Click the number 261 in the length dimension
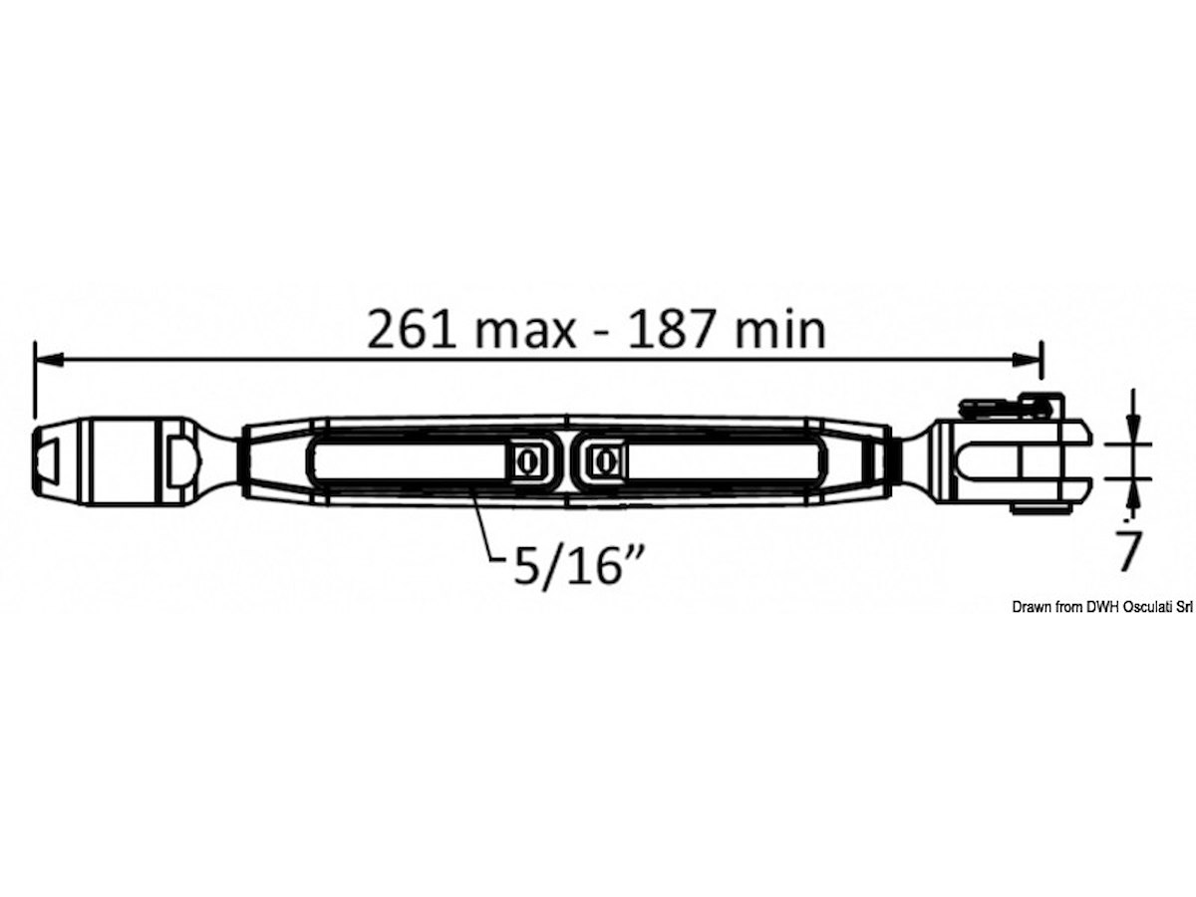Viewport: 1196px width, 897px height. coord(412,331)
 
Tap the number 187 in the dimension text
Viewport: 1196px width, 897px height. coord(671,331)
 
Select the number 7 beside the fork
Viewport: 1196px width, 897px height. coord(1128,550)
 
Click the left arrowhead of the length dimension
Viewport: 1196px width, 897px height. coord(49,360)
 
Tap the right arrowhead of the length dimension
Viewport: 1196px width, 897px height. coord(1026,360)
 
